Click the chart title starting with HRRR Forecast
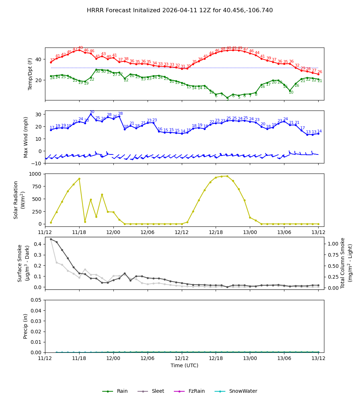click(180, 10)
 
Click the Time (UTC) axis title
click(184, 365)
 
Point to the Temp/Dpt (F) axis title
click(31, 74)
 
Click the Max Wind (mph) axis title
click(26, 137)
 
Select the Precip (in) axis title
click(26, 326)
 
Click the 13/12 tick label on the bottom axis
click(318, 358)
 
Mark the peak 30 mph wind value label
click(92, 112)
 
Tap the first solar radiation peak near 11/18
click(79, 179)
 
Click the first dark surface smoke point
click(51, 239)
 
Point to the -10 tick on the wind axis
click(37, 163)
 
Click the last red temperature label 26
click(320, 72)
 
